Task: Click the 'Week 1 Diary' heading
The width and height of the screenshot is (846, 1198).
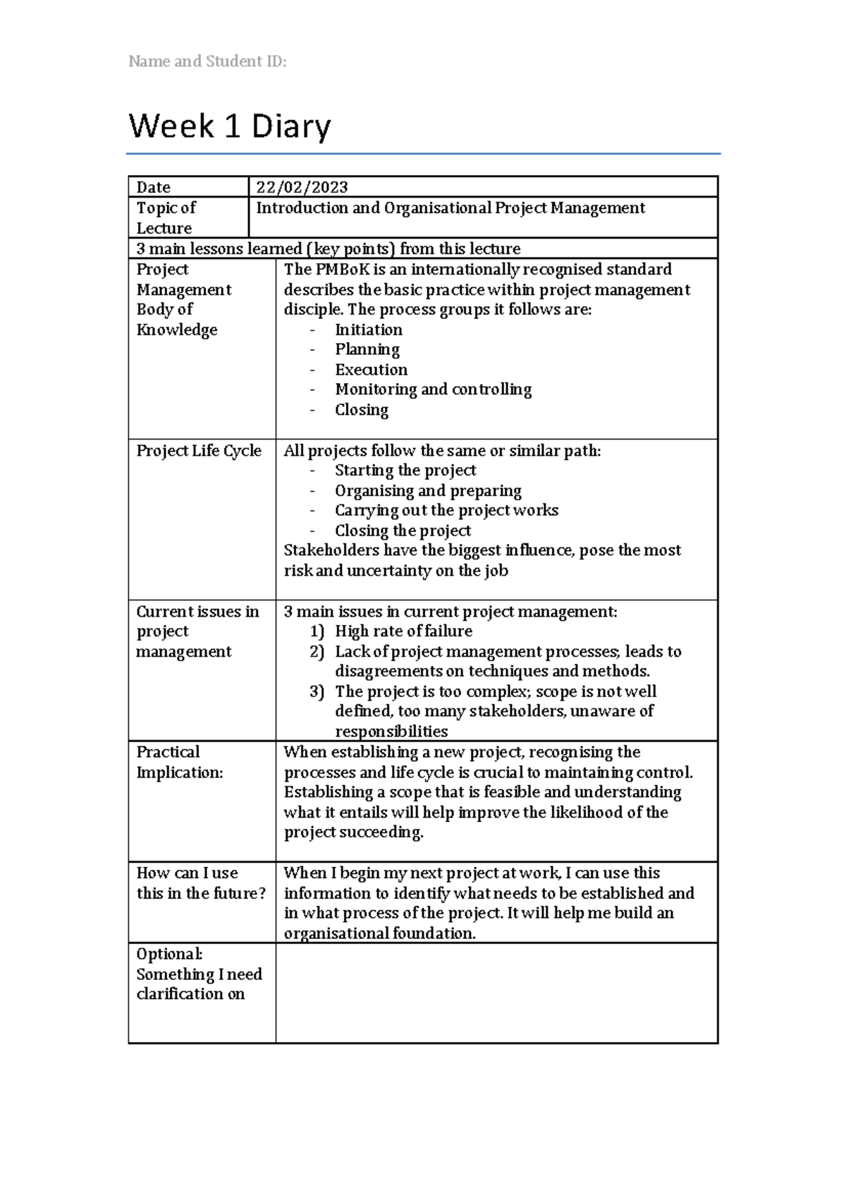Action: pos(229,127)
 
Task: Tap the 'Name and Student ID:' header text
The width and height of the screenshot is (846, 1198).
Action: pos(207,61)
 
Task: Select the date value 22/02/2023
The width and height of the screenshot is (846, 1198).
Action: pos(302,187)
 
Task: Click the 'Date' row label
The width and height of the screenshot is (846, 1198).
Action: pos(153,187)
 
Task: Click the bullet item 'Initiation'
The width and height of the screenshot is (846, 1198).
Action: pos(368,329)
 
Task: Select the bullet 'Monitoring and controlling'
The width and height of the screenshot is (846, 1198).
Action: pos(433,389)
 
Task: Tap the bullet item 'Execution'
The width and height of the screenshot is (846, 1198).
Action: pos(371,370)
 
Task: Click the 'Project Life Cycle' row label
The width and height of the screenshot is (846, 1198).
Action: pos(199,451)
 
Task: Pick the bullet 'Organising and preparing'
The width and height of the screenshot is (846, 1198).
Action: pos(428,490)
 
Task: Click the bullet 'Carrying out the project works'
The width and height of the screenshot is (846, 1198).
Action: pos(446,510)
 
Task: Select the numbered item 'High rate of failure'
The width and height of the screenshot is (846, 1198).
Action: pos(403,631)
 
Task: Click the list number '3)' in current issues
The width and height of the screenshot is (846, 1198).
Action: pos(317,691)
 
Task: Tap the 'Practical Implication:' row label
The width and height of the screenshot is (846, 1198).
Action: pos(179,762)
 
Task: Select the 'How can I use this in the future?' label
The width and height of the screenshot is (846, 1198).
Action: pos(201,883)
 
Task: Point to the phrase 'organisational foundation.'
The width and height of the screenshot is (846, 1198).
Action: pos(379,933)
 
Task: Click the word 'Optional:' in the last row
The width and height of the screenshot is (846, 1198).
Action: pos(169,954)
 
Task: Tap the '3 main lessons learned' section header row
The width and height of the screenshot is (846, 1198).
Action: pos(328,248)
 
